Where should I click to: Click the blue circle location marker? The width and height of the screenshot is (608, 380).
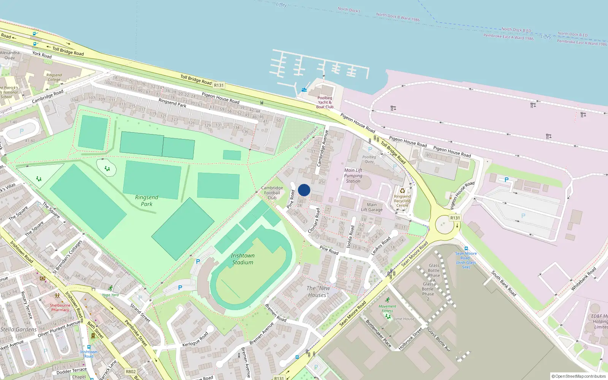(304, 190)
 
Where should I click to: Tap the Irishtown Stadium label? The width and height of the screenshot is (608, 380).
(243, 259)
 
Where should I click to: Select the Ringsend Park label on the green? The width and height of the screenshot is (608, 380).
(147, 201)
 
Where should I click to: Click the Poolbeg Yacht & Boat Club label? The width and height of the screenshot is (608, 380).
(325, 102)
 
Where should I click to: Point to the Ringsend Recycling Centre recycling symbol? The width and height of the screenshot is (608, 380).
(402, 191)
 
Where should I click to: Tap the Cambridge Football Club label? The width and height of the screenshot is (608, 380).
(272, 193)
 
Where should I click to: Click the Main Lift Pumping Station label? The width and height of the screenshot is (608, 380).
(353, 176)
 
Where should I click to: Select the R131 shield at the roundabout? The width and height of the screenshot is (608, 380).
(455, 218)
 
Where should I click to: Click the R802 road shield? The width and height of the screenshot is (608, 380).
(131, 372)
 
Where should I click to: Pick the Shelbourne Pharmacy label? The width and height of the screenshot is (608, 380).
(60, 307)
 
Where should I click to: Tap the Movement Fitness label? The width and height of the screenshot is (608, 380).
(387, 309)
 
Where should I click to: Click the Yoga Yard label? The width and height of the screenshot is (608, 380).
(110, 295)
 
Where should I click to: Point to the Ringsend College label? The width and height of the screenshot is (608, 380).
(54, 77)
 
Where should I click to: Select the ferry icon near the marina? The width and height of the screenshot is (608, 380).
(304, 90)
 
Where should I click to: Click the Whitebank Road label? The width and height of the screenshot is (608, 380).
(583, 279)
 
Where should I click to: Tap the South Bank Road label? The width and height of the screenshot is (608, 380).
(503, 283)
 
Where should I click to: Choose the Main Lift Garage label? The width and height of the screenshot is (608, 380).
(372, 207)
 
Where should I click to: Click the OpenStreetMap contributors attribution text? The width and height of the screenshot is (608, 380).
(578, 376)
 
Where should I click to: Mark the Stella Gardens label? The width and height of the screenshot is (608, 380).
(19, 329)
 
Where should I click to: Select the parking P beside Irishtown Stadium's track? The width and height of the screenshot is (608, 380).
(198, 261)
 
